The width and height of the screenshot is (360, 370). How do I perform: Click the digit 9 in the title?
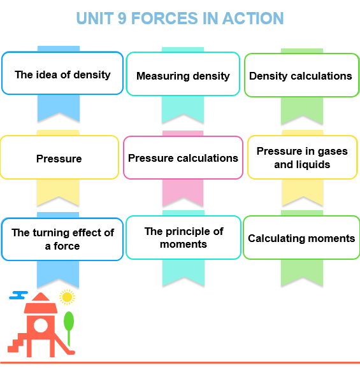[x=122, y=18]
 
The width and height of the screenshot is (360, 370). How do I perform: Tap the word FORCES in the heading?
[x=164, y=18]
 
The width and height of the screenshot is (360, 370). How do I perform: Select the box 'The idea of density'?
[x=62, y=73]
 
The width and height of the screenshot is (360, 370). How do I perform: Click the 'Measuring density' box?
[x=183, y=74]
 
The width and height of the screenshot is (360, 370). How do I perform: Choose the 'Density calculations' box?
[x=301, y=75]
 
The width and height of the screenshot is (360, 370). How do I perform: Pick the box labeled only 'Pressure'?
[x=59, y=157]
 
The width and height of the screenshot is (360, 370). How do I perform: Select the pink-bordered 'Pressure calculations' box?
[x=183, y=158]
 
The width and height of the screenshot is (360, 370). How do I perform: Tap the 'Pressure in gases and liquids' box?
[x=303, y=157]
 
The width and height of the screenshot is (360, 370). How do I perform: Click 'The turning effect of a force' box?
[x=62, y=239]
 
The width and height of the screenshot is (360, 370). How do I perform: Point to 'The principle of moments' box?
[x=184, y=238]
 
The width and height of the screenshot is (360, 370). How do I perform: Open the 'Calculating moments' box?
[x=301, y=238]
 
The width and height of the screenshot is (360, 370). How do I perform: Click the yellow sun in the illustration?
[x=68, y=297]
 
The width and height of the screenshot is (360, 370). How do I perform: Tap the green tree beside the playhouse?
[x=69, y=328]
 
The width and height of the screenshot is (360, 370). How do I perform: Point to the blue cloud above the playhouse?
[x=18, y=295]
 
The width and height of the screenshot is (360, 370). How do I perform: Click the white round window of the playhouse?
[x=41, y=325]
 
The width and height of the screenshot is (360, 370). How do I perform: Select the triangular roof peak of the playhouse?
[x=41, y=297]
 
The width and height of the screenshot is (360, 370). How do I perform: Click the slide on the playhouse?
[x=64, y=344]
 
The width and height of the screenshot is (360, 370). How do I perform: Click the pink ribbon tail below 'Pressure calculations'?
[x=183, y=192]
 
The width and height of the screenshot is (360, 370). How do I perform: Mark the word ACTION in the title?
[x=253, y=18]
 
